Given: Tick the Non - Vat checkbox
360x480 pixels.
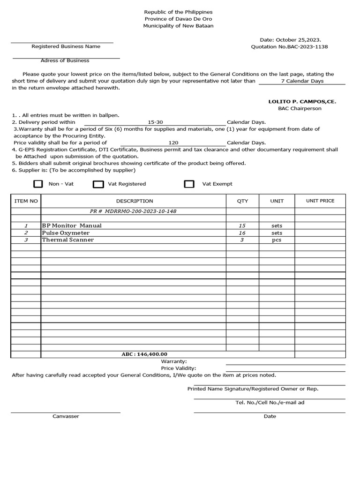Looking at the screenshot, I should [x=38, y=184].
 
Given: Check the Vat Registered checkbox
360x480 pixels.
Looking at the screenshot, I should [x=98, y=184].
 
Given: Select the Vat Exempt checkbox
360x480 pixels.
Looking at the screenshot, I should [x=189, y=184].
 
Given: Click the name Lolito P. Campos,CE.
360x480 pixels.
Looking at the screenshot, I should [x=302, y=101].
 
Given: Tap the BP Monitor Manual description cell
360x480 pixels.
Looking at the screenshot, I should [x=72, y=225].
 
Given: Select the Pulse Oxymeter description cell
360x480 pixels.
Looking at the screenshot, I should [x=66, y=232].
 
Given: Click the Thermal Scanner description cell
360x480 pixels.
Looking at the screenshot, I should [x=68, y=240].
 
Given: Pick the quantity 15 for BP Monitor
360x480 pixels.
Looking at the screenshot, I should [x=242, y=225].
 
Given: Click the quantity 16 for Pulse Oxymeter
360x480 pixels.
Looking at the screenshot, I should [x=242, y=232].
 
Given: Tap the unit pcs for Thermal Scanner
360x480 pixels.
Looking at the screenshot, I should [x=277, y=240].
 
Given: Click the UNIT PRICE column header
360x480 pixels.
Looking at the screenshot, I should [x=320, y=201].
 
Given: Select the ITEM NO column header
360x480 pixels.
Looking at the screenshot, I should [x=26, y=201].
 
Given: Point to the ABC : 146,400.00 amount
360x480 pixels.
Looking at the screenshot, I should [x=144, y=354].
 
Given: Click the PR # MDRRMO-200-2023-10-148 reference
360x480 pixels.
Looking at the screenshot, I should [x=133, y=211].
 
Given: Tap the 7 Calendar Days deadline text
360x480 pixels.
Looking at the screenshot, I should [x=302, y=81].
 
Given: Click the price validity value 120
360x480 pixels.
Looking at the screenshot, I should [x=173, y=142].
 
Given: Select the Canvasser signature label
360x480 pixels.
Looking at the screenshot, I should [x=66, y=416].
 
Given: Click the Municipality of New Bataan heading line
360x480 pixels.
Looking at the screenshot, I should [x=178, y=26].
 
